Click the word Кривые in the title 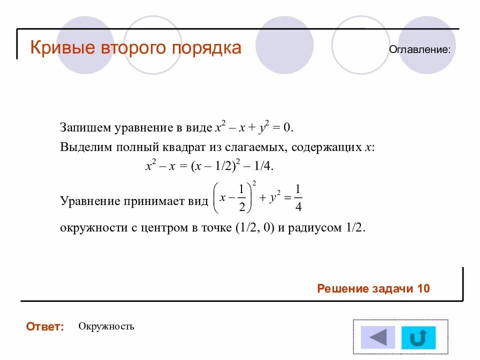pos(63,48)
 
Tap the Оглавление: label pos(420,49)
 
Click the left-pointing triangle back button pos(378,337)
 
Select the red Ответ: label pos(45,327)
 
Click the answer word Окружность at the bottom pos(106,326)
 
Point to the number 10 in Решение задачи pos(423,289)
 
